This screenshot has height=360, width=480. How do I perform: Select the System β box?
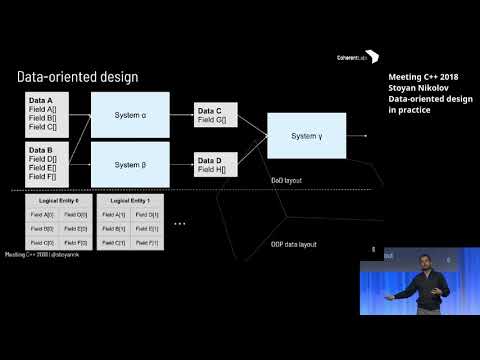click(131, 164)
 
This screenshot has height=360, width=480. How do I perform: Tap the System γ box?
click(306, 136)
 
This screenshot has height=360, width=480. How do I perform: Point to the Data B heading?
click(41, 149)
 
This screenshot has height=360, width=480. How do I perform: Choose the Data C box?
click(217, 116)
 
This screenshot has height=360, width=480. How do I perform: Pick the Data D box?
click(217, 164)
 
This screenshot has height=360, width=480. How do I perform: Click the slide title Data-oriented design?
click(78, 77)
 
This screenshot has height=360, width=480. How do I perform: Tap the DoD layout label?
click(286, 180)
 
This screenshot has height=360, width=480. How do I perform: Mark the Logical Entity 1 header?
click(128, 202)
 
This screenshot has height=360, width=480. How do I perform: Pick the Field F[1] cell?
click(145, 242)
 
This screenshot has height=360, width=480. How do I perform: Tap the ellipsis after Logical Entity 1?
click(180, 222)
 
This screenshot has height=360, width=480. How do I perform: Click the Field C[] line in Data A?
click(45, 128)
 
